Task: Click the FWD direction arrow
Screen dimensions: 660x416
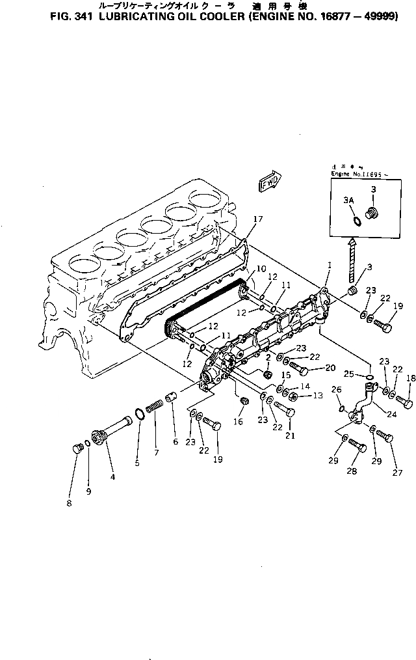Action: pos(268,183)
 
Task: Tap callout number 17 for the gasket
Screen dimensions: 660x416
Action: pos(257,219)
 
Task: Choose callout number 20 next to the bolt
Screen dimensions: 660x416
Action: pos(330,368)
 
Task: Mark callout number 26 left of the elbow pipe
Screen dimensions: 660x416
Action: pos(337,390)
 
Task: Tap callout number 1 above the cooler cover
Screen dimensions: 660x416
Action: pos(330,266)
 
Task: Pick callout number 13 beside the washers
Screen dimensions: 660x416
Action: pos(317,395)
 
